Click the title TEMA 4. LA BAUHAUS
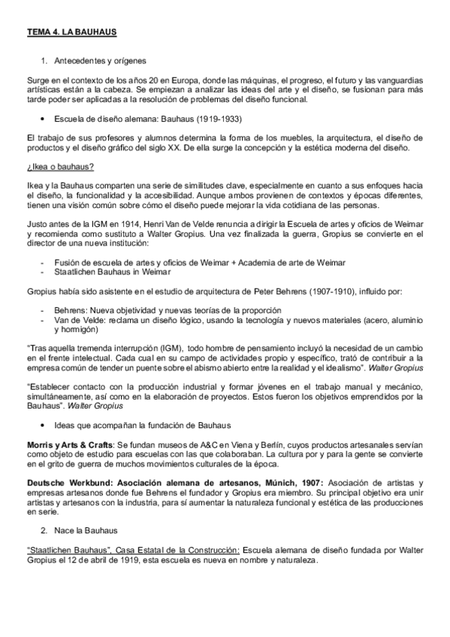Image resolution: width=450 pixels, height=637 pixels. (71, 33)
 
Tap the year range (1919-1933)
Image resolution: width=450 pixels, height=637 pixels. (218, 119)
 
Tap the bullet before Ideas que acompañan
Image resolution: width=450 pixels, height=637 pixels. (47, 425)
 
